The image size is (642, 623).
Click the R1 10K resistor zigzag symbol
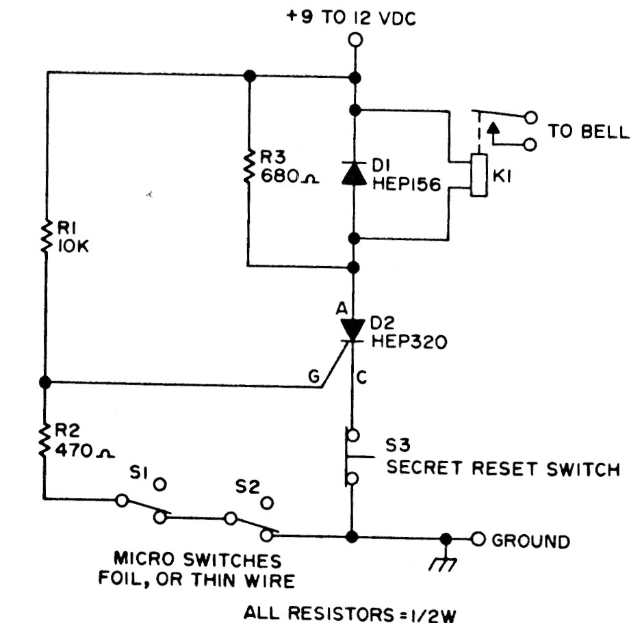point(45,236)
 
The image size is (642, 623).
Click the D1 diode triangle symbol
point(354,174)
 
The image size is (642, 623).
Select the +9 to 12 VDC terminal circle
point(355,40)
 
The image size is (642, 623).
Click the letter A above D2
point(340,309)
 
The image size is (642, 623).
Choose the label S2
point(247,489)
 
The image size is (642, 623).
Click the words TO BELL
point(589,131)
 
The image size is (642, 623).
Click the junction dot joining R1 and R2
point(45,382)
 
